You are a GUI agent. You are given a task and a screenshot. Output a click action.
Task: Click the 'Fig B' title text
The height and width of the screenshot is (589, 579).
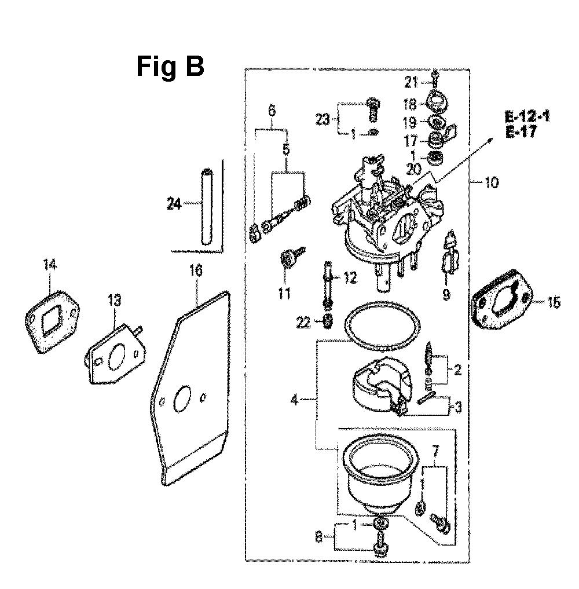[x=170, y=67]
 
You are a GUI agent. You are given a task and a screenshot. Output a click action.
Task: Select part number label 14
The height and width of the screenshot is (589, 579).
[x=50, y=265]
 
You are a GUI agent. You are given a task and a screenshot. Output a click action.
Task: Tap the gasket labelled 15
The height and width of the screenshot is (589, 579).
[x=503, y=308]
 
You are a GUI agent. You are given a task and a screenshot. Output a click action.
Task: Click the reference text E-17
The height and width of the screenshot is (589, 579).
[x=521, y=132]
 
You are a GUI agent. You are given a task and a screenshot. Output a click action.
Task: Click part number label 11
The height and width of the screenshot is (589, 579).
[x=284, y=293]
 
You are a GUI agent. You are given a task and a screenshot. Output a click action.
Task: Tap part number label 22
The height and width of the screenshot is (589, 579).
[x=303, y=323]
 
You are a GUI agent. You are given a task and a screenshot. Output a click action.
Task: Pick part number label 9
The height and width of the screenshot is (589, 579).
[x=446, y=295]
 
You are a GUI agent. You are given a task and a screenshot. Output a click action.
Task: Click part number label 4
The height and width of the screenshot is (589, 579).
[x=294, y=400]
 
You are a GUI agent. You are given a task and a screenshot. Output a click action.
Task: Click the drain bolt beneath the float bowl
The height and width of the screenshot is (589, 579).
[x=380, y=548]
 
